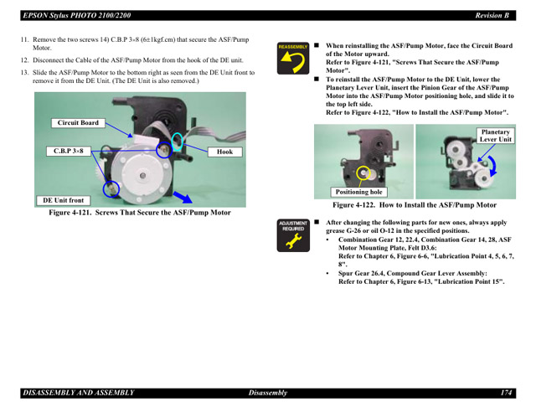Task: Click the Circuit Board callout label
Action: click(78, 123)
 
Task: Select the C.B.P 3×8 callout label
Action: click(69, 151)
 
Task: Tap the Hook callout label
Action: click(224, 152)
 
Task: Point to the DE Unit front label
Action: click(64, 200)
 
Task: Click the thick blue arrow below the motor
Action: click(183, 198)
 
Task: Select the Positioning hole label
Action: click(359, 192)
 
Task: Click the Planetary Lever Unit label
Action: click(495, 136)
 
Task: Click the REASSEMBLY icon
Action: click(293, 58)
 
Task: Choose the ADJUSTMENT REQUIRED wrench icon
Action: click(293, 235)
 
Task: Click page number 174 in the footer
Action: click(506, 393)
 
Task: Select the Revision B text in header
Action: click(492, 15)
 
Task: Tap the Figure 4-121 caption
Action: click(140, 213)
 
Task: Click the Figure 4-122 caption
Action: click(415, 205)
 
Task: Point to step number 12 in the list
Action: click(24, 60)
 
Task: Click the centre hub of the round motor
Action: click(142, 175)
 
